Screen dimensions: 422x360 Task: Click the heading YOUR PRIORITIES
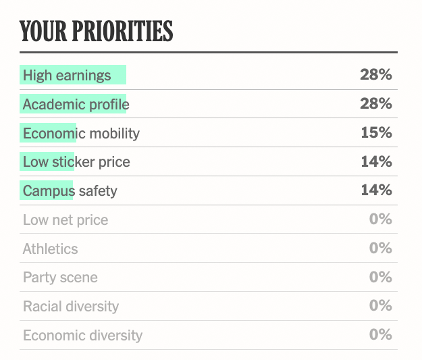(x=96, y=31)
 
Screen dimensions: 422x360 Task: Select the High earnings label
(x=67, y=76)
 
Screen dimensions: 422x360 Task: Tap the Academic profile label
(x=76, y=105)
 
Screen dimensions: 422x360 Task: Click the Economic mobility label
(x=81, y=134)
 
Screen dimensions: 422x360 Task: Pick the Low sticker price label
(x=76, y=162)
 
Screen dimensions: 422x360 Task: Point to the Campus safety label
(x=70, y=191)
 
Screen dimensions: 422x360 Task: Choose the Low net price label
(x=65, y=220)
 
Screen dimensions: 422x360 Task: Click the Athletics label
(x=51, y=249)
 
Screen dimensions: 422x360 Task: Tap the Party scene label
(x=60, y=278)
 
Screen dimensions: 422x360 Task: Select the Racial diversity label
(x=71, y=307)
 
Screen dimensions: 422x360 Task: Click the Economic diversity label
(x=82, y=336)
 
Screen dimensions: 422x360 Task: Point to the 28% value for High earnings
(x=376, y=74)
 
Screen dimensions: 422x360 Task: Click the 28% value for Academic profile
(x=376, y=103)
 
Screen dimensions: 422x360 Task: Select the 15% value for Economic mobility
(x=377, y=133)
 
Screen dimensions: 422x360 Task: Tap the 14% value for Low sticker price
(x=377, y=161)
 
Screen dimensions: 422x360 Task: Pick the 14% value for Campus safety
(x=377, y=190)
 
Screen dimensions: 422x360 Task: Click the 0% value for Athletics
(x=381, y=248)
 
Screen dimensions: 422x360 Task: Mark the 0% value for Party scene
(x=381, y=277)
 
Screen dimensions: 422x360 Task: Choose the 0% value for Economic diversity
(x=381, y=335)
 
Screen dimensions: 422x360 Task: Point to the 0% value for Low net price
(x=381, y=220)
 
